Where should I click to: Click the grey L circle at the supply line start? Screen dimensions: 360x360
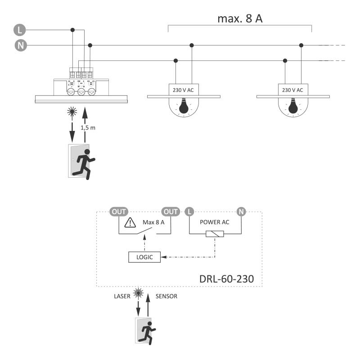click(x=19, y=30)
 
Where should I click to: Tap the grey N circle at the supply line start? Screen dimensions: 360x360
click(x=19, y=45)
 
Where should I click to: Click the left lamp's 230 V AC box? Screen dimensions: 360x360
click(x=184, y=90)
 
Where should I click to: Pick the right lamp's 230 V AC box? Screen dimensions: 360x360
click(x=292, y=90)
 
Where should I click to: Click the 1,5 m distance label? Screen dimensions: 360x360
click(x=88, y=128)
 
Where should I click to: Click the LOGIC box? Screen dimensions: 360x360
click(x=141, y=257)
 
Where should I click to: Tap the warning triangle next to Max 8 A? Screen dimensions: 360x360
click(x=130, y=222)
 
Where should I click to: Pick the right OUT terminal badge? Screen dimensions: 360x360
click(x=171, y=211)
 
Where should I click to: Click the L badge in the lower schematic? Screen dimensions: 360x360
click(x=189, y=211)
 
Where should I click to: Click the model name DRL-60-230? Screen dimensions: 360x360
click(x=226, y=279)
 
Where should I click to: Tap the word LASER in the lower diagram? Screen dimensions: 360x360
click(x=122, y=296)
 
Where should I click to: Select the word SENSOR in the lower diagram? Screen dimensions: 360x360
click(x=166, y=296)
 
